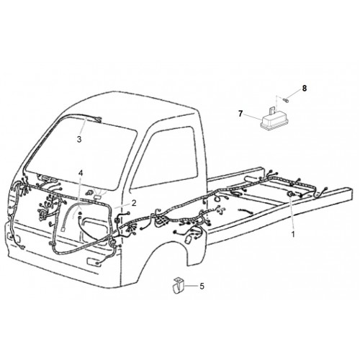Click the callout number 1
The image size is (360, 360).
(293, 234)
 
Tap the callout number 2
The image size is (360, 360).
(134, 203)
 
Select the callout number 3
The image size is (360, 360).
(79, 139)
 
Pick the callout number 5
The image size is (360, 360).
(202, 286)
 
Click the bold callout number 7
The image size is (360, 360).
(240, 114)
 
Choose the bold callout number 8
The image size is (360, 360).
(305, 89)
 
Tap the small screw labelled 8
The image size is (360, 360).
(286, 99)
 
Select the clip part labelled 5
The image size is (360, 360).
(178, 286)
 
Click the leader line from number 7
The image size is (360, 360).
(253, 117)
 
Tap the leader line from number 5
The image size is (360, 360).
(192, 286)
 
